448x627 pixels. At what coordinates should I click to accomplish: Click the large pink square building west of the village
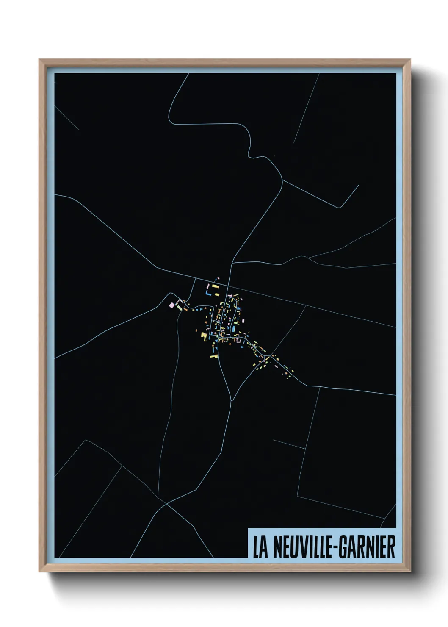point(172,305)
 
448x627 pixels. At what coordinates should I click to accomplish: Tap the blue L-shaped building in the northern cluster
point(208,292)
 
